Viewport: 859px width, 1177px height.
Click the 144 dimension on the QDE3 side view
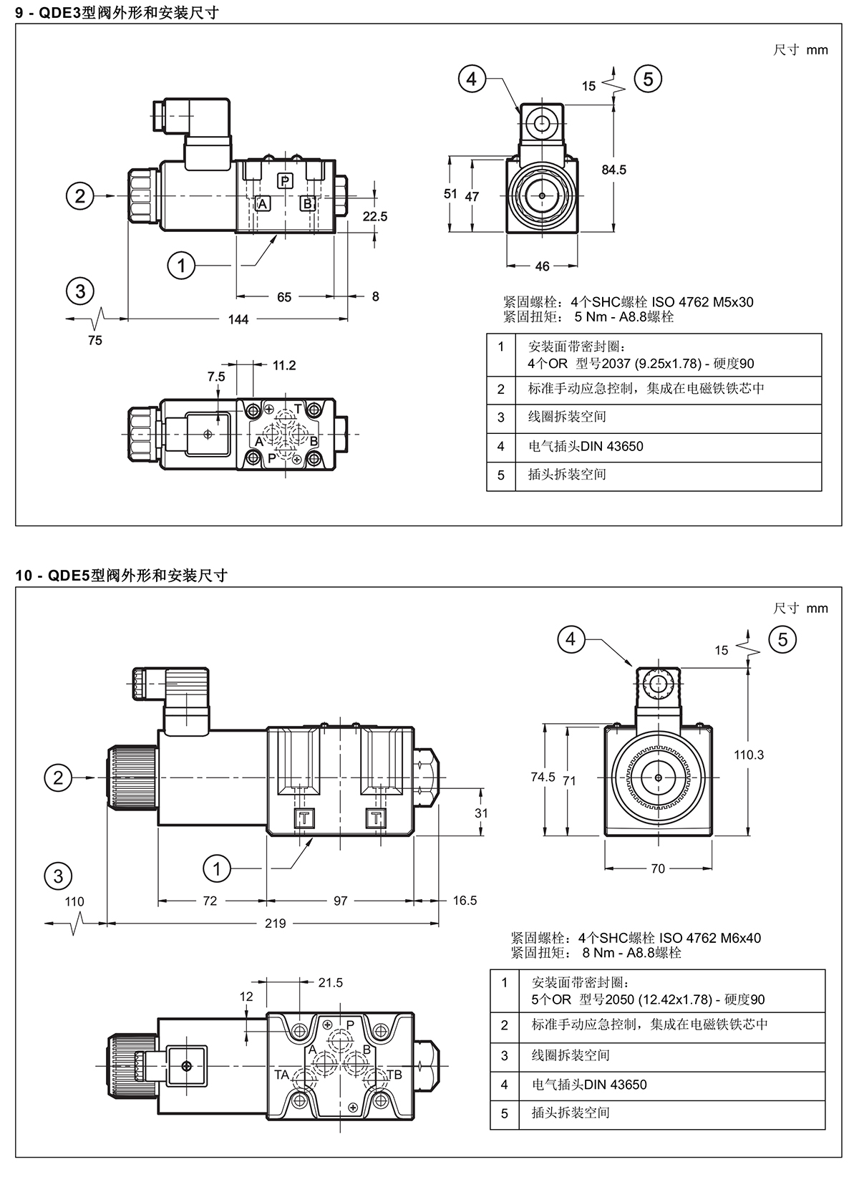(x=238, y=319)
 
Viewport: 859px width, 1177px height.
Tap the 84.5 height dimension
(x=613, y=170)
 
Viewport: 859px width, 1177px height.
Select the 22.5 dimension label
(x=374, y=216)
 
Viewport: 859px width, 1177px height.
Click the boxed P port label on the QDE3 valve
(x=285, y=180)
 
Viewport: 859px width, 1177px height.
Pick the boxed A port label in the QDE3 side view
(x=263, y=204)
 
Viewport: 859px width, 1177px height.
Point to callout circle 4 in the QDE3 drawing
(x=471, y=79)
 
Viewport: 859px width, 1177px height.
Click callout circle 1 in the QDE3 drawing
(x=181, y=266)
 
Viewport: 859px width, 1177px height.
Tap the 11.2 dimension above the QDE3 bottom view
(x=284, y=366)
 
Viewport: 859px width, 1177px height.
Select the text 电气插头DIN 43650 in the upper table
(x=586, y=447)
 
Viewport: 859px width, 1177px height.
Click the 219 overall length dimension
(x=275, y=924)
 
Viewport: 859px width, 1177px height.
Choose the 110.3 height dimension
(x=749, y=755)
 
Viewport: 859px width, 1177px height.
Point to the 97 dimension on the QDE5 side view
(x=340, y=901)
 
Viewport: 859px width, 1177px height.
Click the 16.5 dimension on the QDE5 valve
(x=465, y=901)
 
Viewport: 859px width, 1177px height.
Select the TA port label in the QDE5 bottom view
(x=281, y=1075)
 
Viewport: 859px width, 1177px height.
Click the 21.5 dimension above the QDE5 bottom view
(x=330, y=983)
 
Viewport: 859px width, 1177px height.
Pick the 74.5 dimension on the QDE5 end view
(x=543, y=777)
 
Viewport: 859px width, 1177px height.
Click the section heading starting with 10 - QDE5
(x=121, y=575)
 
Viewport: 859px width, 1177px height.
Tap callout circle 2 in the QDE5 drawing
(x=58, y=778)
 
